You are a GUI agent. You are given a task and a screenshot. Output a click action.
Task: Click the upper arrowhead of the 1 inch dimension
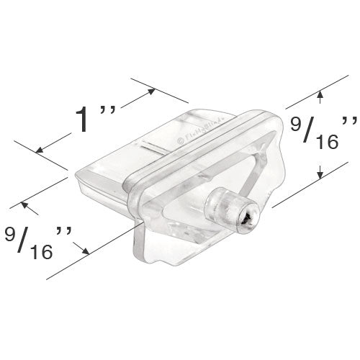[x=150, y=90]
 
